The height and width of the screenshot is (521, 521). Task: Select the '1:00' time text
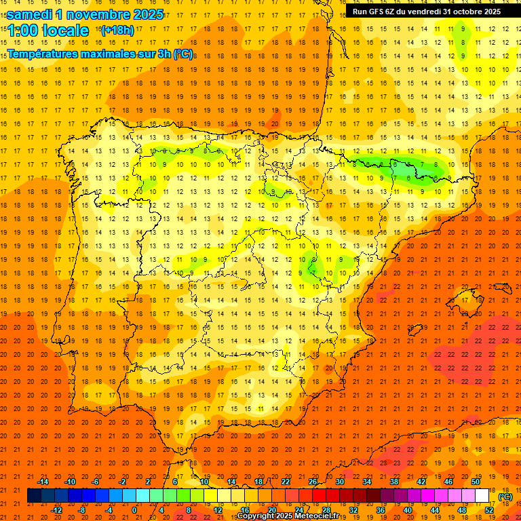23,31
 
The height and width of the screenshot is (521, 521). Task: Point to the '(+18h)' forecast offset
117,31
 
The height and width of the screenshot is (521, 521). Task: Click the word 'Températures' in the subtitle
48,54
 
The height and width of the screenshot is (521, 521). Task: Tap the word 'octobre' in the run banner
462,12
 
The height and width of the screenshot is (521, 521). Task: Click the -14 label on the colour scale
43,482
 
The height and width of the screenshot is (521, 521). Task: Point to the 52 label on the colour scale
490,510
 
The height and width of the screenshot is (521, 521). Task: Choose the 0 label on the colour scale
134,510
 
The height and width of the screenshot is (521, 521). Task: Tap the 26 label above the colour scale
313,482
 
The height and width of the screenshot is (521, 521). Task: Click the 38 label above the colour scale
394,482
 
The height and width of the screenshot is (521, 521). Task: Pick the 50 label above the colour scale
476,482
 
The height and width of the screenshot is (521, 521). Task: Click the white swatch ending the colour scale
482,496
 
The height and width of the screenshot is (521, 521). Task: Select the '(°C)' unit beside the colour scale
505,496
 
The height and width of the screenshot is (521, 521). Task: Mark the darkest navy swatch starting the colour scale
34,496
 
